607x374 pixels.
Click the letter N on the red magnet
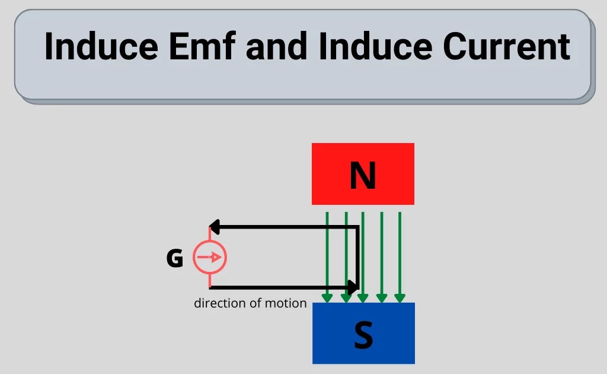pyautogui.click(x=363, y=175)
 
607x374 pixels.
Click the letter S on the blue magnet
pyautogui.click(x=363, y=334)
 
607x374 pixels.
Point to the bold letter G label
pyautogui.click(x=174, y=259)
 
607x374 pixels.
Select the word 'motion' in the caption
pyautogui.click(x=287, y=303)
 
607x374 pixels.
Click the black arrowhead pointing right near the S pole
pyautogui.click(x=353, y=288)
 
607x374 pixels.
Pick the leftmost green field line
pyautogui.click(x=327, y=249)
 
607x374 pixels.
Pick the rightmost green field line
pyautogui.click(x=400, y=249)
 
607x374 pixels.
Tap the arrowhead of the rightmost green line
pyautogui.click(x=400, y=297)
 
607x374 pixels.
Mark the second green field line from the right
pyautogui.click(x=382, y=249)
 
